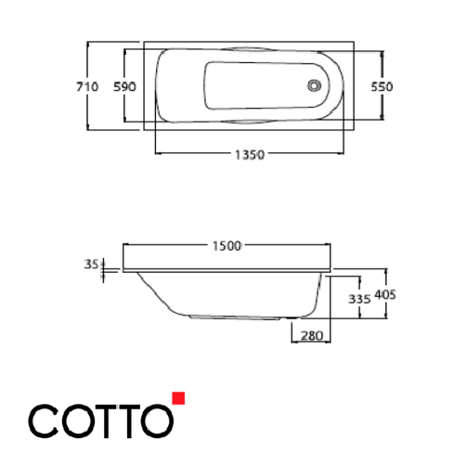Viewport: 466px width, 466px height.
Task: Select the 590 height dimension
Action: coord(125,86)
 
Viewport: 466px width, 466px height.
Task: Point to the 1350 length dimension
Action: coord(250,156)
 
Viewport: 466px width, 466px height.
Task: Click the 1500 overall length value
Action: coord(227,246)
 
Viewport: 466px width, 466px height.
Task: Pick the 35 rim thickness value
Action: coord(90,265)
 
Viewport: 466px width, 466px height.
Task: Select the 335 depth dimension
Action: coord(357,299)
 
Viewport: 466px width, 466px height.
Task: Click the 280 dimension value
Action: coord(311,335)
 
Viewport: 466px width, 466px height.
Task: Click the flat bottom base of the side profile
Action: coord(241,317)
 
